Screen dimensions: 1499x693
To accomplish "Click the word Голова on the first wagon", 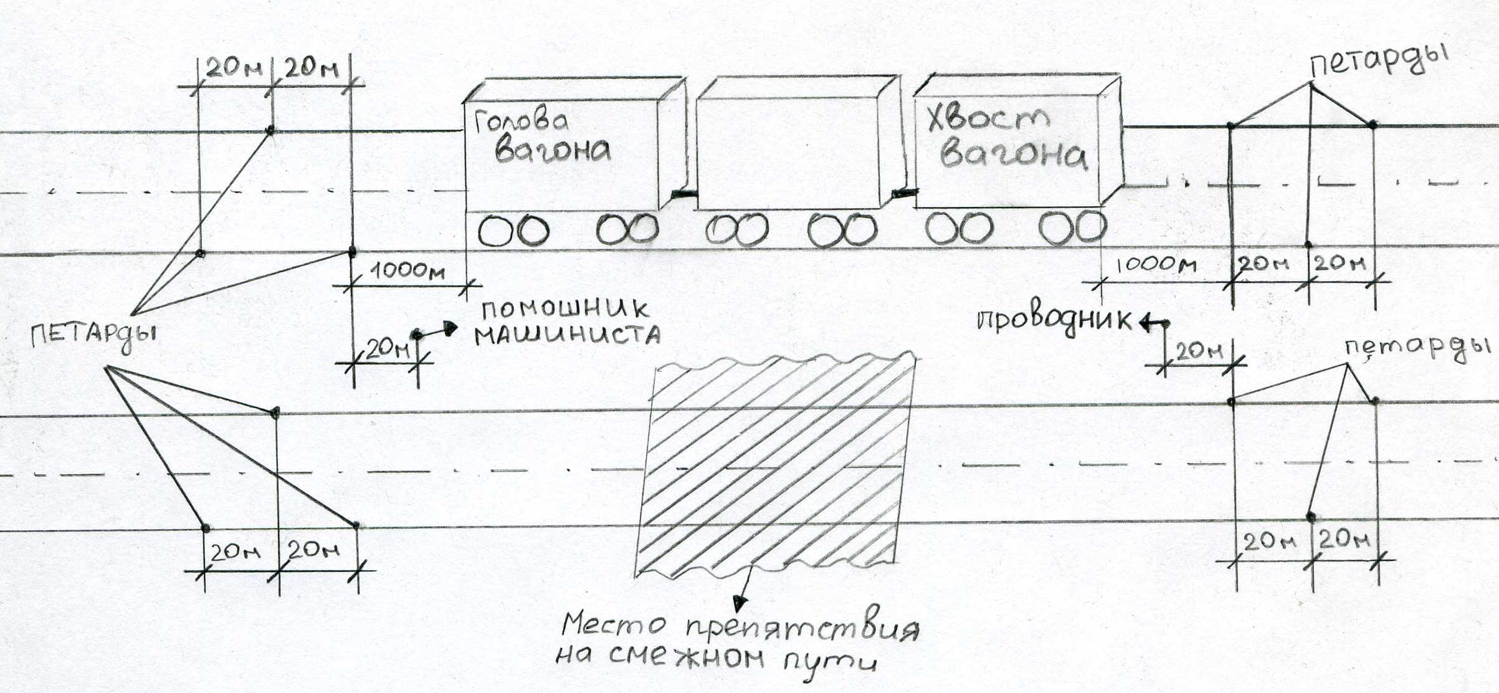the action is point(520,122).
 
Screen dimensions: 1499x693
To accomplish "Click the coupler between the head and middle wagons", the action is point(683,194).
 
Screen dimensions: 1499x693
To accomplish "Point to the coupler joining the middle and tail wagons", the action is point(904,194).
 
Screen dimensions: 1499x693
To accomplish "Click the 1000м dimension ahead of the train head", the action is point(408,271).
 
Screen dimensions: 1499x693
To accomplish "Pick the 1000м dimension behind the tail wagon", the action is point(1156,265).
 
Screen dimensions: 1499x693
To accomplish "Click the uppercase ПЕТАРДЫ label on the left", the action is point(93,337).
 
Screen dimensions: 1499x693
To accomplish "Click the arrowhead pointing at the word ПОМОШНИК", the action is point(451,327).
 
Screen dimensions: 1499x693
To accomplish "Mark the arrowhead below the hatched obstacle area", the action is point(739,603).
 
